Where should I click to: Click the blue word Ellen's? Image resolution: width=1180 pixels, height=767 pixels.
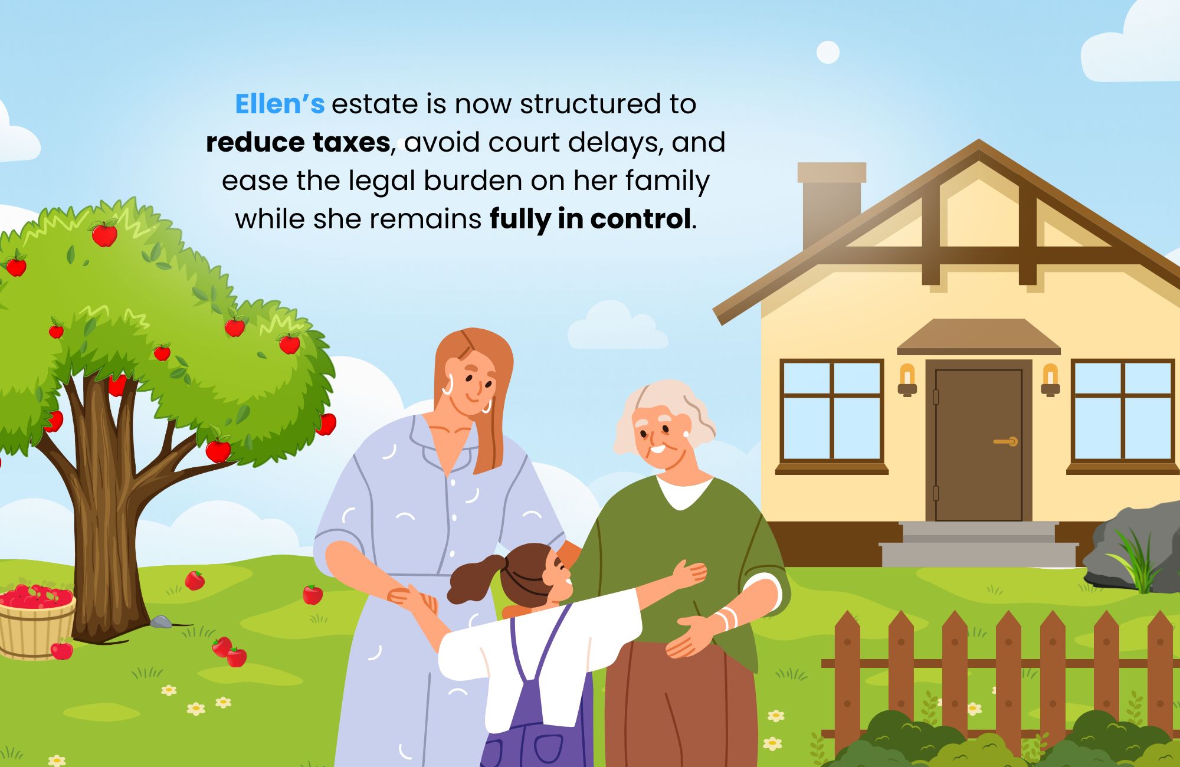[x=280, y=104]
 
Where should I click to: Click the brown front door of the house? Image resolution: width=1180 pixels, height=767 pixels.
[x=978, y=445]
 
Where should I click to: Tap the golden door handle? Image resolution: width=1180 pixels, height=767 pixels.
[x=1006, y=441]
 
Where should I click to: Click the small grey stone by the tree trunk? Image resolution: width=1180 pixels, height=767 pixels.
[x=160, y=622]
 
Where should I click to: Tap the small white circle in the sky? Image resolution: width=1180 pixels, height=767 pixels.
[x=828, y=53]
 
